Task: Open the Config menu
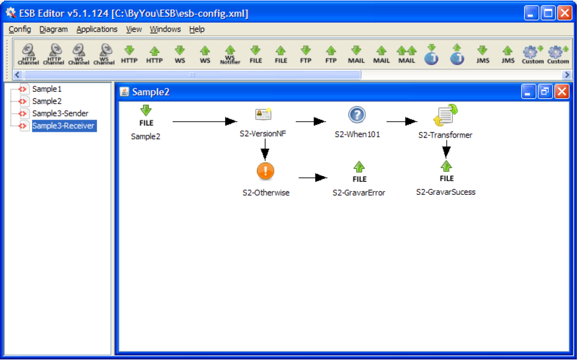(x=20, y=29)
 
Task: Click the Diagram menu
(x=54, y=29)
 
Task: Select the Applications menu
(x=97, y=29)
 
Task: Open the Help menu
(x=197, y=29)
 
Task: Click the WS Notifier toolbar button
(x=230, y=54)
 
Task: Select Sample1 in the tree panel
(x=46, y=89)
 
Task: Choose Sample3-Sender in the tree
(x=60, y=113)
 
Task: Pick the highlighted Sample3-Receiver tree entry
(x=63, y=126)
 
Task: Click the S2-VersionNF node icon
(x=263, y=115)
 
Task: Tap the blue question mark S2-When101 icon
(x=357, y=115)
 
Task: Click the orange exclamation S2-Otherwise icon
(x=265, y=170)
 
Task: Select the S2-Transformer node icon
(x=446, y=115)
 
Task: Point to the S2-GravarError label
(x=359, y=192)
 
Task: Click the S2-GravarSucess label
(x=446, y=192)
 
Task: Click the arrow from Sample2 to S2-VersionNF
(x=204, y=121)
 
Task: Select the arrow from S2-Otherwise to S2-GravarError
(x=312, y=178)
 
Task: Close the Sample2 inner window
(x=562, y=92)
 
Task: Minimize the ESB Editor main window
(x=531, y=13)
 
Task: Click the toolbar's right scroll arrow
(x=567, y=75)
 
